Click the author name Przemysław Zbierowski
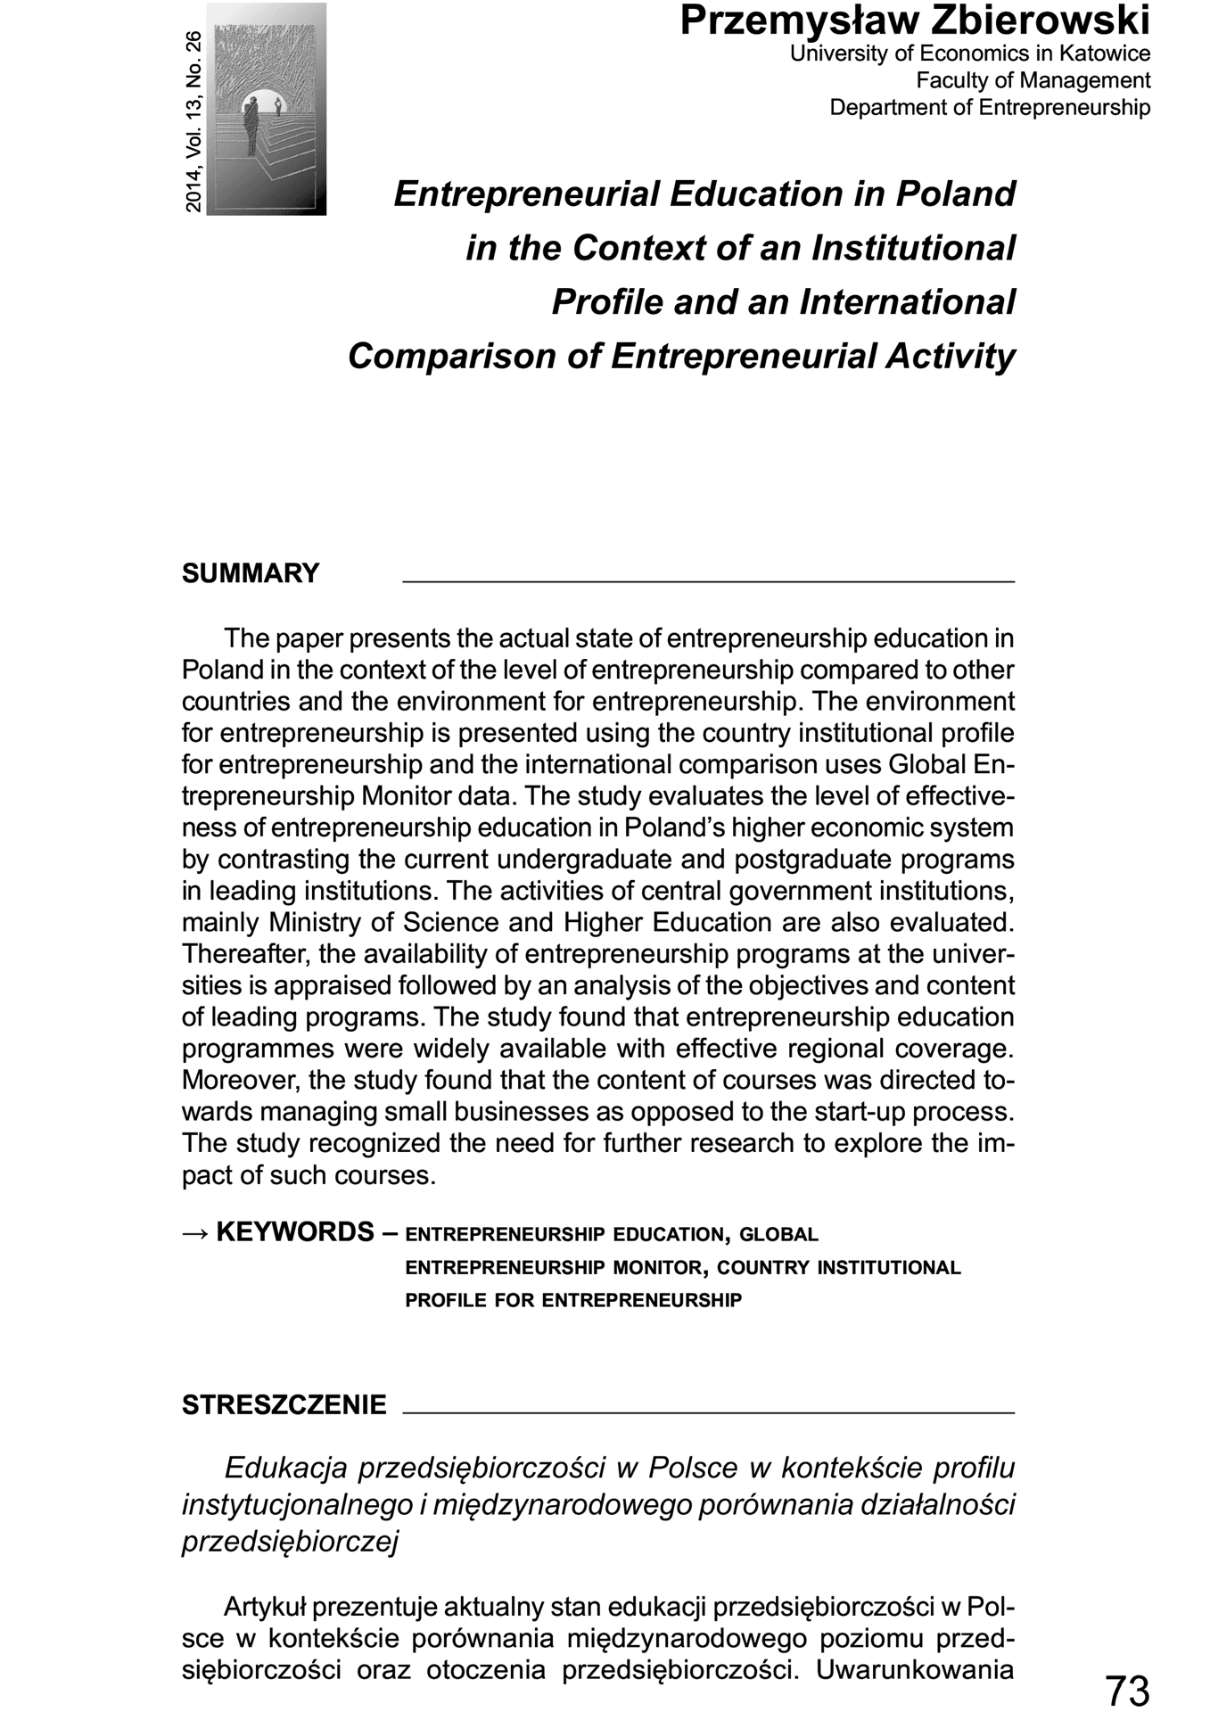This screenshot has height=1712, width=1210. [915, 21]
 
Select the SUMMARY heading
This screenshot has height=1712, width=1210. [251, 573]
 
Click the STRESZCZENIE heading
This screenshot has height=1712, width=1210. [284, 1405]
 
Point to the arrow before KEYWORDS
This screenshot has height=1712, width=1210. [195, 1232]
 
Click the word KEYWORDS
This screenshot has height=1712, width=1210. [295, 1232]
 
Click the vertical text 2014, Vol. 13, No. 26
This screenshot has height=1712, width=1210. [193, 121]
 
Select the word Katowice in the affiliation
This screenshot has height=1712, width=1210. [1105, 53]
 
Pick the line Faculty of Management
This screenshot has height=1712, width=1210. [1033, 80]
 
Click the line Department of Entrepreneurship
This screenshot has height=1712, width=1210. [990, 107]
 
